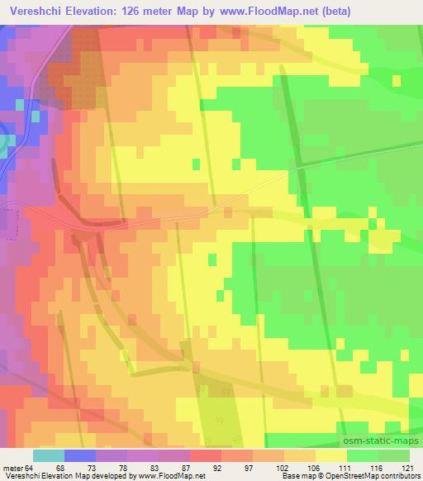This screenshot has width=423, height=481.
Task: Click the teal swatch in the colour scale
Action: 48,455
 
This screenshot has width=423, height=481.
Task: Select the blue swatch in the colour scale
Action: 80,455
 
